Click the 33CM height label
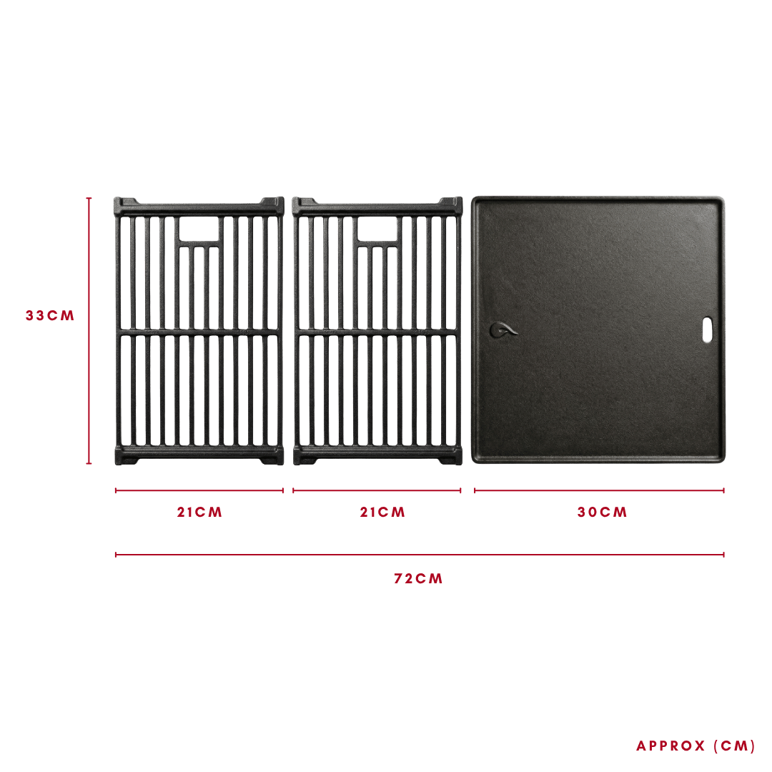pyautogui.click(x=50, y=316)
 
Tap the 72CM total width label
pyautogui.click(x=418, y=578)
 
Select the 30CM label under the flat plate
pyautogui.click(x=602, y=512)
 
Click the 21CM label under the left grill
pyautogui.click(x=199, y=512)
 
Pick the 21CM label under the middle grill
pyautogui.click(x=382, y=512)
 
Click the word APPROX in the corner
pyautogui.click(x=670, y=746)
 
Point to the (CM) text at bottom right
pyautogui.click(x=734, y=746)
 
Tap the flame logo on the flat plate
pyautogui.click(x=503, y=330)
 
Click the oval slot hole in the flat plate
pyautogui.click(x=707, y=330)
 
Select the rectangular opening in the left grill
pyautogui.click(x=199, y=229)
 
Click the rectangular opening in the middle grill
pyautogui.click(x=377, y=229)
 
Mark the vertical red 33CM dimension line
pyautogui.click(x=89, y=330)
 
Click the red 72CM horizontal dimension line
pyautogui.click(x=420, y=555)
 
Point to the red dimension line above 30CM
pyautogui.click(x=599, y=490)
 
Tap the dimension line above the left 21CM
pyautogui.click(x=199, y=490)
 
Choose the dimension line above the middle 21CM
pyautogui.click(x=377, y=490)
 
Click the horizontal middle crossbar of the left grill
pyautogui.click(x=199, y=332)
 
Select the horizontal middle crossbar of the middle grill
pyautogui.click(x=377, y=332)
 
